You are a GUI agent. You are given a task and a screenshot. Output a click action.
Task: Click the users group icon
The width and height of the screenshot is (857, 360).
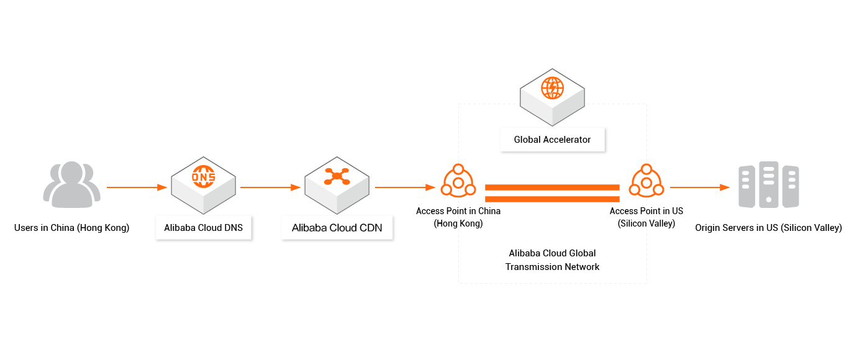[71, 184]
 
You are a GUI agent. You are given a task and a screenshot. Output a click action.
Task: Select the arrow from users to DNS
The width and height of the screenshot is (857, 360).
[137, 187]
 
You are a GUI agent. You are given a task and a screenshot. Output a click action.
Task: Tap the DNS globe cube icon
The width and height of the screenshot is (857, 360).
[203, 181]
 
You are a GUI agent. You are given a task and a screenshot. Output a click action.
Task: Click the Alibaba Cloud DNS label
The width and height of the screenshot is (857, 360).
[203, 228]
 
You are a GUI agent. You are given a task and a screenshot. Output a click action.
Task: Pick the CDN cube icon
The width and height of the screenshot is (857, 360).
[337, 181]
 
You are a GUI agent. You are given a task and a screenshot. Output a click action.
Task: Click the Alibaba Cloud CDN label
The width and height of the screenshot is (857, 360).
[337, 228]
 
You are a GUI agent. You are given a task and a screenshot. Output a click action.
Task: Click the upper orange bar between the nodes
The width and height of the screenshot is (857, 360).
[552, 187]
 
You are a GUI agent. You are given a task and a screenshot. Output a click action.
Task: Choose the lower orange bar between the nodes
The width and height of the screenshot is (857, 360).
[552, 199]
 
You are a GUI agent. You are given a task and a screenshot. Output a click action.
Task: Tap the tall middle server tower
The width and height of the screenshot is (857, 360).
[769, 184]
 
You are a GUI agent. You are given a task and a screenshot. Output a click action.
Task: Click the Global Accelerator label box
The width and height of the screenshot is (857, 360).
[552, 140]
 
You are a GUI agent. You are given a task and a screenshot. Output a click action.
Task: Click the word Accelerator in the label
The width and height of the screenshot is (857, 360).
[567, 140]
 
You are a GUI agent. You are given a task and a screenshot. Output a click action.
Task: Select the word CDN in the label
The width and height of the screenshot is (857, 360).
[370, 228]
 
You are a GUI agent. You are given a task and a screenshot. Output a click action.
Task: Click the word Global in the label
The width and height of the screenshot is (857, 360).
[527, 140]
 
